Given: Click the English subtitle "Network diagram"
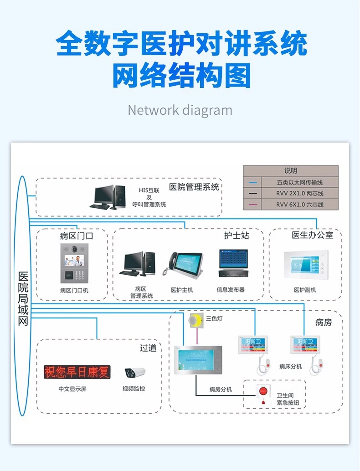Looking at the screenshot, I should point(180,110).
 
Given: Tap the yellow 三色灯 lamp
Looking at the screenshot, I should point(196,322).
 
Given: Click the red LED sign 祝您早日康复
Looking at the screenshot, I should point(77,372).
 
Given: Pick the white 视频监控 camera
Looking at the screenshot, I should point(134,373).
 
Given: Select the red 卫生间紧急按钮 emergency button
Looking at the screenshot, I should point(263,393).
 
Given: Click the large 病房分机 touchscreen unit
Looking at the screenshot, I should point(198,360).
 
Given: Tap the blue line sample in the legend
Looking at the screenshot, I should point(253,183).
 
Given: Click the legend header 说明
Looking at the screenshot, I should point(290,171).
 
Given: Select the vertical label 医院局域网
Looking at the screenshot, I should point(23,299).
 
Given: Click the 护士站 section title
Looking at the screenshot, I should point(237,235).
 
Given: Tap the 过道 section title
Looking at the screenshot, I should point(148,348).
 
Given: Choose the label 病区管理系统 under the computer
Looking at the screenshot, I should point(141,292).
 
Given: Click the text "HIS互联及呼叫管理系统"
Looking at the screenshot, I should point(149,197).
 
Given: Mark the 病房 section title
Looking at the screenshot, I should point(323,323).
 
